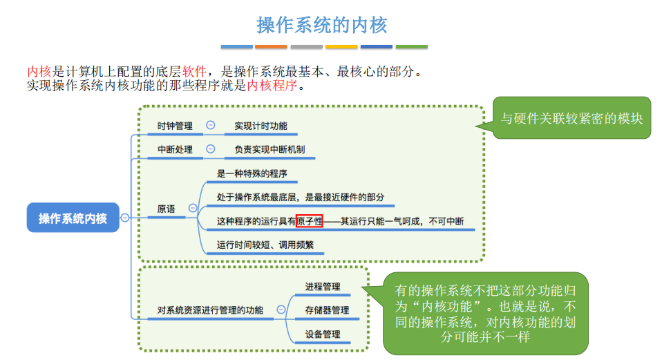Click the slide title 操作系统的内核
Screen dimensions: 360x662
click(322, 26)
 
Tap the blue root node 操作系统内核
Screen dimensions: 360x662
click(73, 218)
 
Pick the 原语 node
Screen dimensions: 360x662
click(166, 208)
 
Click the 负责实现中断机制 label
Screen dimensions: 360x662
click(269, 149)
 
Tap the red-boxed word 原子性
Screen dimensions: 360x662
click(309, 222)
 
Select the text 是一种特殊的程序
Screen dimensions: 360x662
click(252, 173)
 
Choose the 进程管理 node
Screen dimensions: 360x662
click(323, 286)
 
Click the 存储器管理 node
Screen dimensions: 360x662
click(327, 310)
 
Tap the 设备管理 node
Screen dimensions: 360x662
click(323, 334)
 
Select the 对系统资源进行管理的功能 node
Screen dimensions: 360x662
click(210, 310)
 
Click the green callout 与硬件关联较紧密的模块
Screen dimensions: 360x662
click(571, 118)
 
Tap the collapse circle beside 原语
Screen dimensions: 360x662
click(193, 208)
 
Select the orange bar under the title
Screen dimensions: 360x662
click(271, 47)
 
